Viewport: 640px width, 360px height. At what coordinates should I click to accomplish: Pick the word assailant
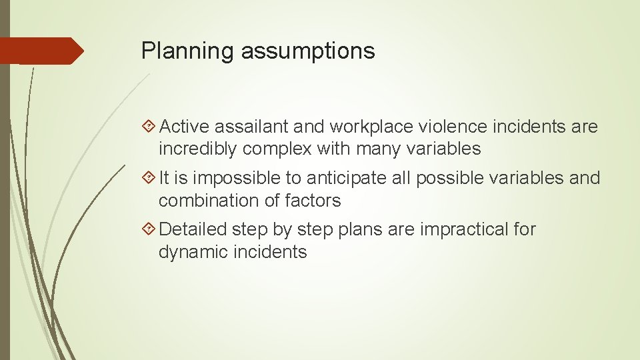point(253,126)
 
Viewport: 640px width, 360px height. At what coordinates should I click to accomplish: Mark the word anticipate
point(338,178)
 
